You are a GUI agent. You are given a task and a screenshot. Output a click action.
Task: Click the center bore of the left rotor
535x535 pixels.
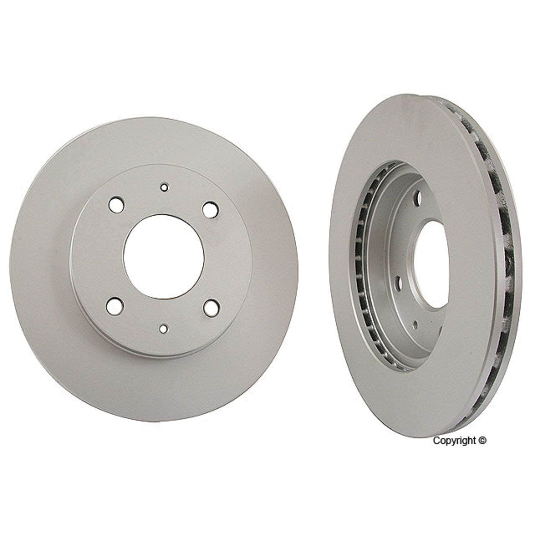[x=163, y=256]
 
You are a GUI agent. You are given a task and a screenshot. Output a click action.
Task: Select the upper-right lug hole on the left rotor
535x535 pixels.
[x=209, y=209]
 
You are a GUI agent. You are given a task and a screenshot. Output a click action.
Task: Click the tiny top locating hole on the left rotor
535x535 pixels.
[x=164, y=187]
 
